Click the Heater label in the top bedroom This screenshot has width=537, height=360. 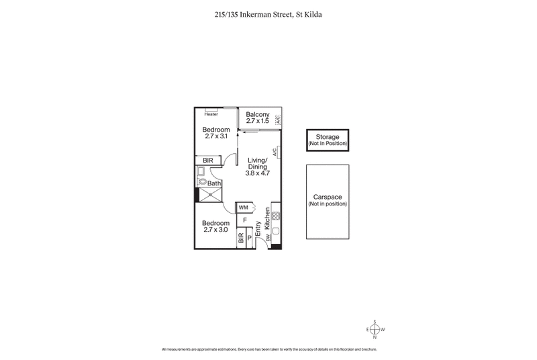pos(211,114)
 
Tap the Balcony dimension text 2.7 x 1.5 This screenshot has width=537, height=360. pos(257,122)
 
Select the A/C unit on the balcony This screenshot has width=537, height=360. pos(278,119)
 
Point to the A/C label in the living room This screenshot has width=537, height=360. pos(275,152)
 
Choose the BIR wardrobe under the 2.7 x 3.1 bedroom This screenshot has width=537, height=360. pos(208,161)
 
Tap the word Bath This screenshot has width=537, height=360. pos(214,183)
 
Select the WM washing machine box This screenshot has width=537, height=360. pos(243,208)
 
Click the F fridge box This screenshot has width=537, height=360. pos(245,220)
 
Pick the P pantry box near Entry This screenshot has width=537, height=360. pos(250,236)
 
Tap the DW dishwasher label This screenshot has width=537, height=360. pos(267,238)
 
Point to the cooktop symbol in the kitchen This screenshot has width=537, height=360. pos(276,217)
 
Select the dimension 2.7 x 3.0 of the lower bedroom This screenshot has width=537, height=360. pos(217,230)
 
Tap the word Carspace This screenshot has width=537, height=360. pos(328,197)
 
